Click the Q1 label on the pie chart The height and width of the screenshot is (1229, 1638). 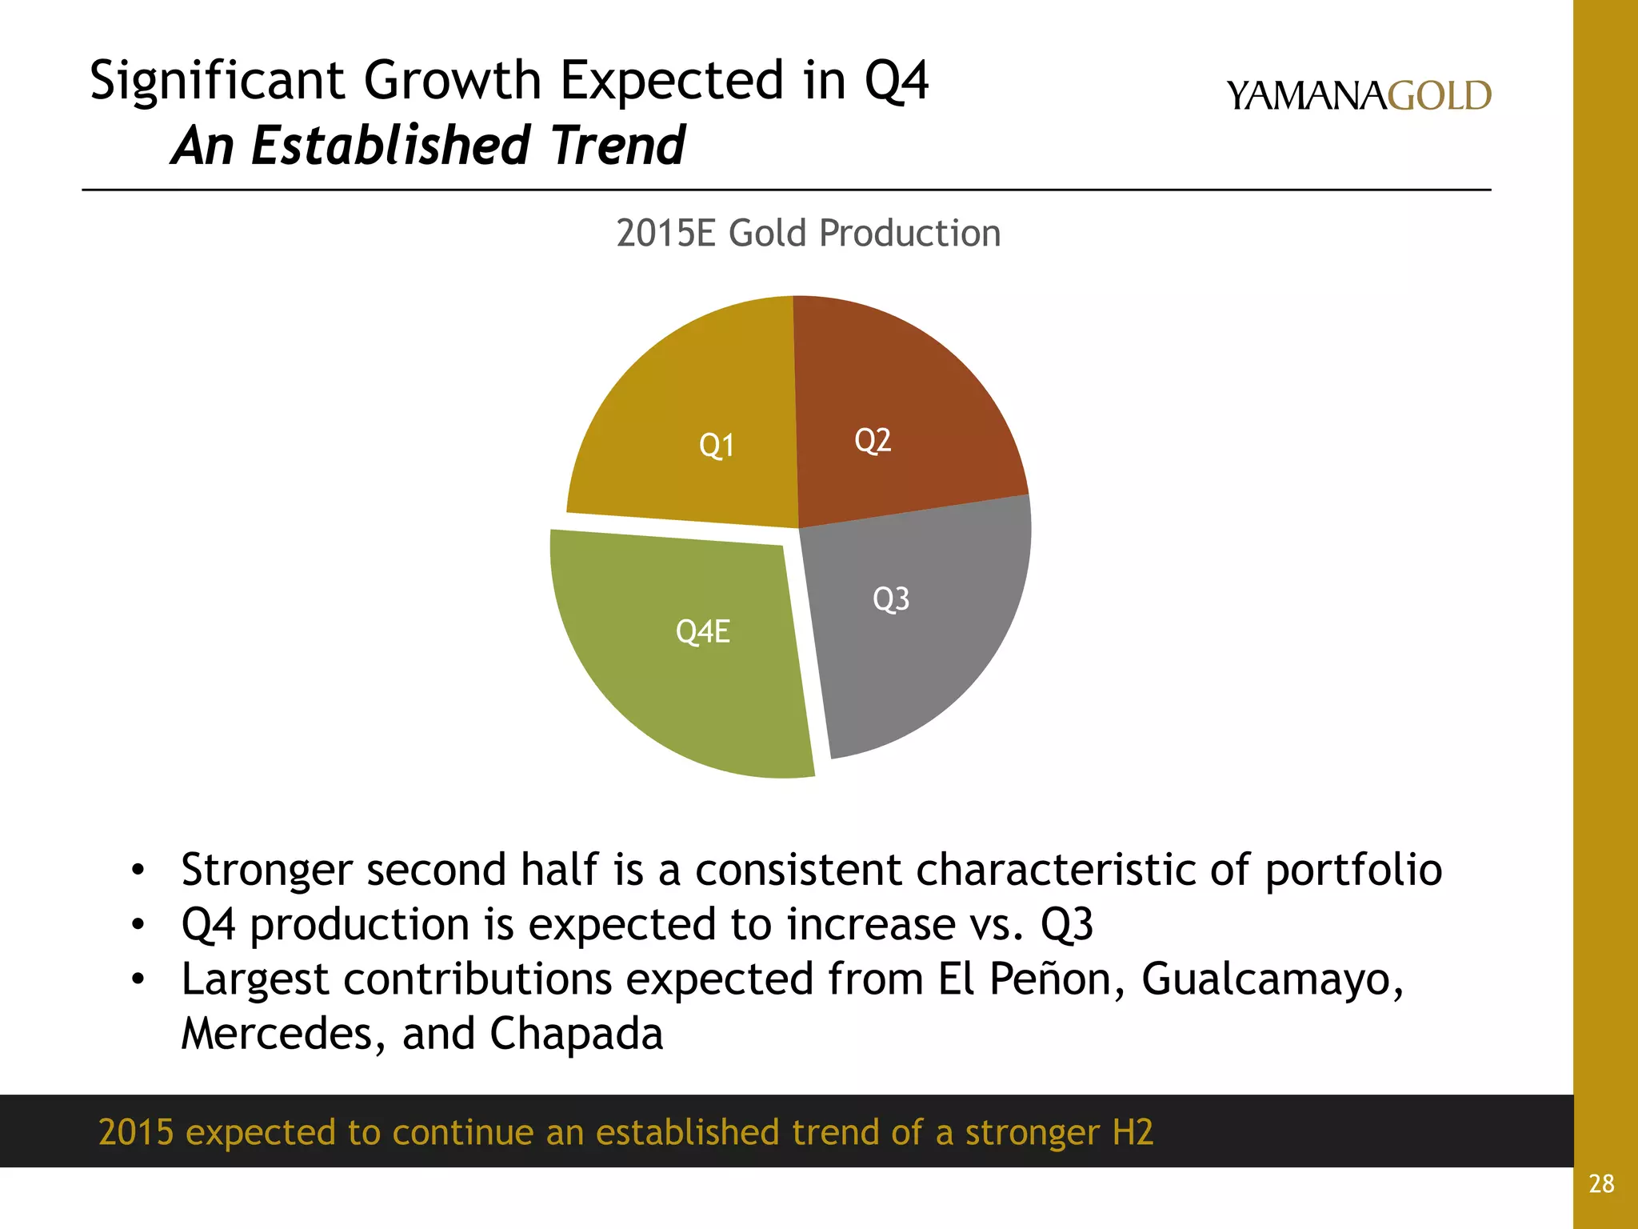717,446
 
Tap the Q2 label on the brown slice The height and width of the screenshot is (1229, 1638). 873,440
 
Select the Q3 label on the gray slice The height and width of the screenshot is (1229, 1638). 891,598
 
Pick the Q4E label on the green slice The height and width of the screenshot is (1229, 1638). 703,631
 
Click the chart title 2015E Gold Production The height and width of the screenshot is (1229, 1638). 808,234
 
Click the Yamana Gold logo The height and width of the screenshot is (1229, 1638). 1358,96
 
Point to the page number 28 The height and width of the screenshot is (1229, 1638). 1601,1183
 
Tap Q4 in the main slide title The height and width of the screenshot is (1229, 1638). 897,81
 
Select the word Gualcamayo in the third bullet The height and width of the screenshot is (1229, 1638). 1272,979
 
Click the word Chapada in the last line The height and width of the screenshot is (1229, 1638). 576,1033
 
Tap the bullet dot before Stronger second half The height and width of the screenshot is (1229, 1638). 138,870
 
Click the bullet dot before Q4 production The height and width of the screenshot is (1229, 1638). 138,925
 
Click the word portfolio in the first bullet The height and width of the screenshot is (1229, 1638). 1353,870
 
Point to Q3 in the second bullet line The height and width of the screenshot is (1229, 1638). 1066,925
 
